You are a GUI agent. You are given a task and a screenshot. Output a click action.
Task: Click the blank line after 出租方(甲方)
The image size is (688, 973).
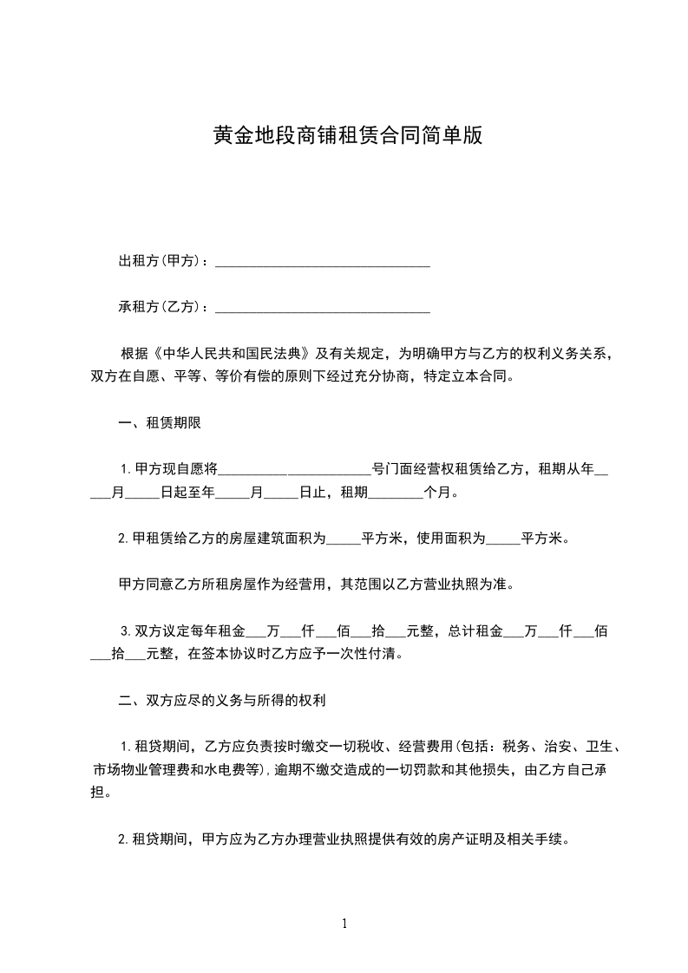(322, 261)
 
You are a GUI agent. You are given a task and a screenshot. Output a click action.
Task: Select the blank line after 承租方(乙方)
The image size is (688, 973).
(322, 307)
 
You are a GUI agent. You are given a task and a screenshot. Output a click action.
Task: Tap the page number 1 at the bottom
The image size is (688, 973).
(344, 924)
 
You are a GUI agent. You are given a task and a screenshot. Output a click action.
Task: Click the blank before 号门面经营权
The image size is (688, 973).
(294, 470)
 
